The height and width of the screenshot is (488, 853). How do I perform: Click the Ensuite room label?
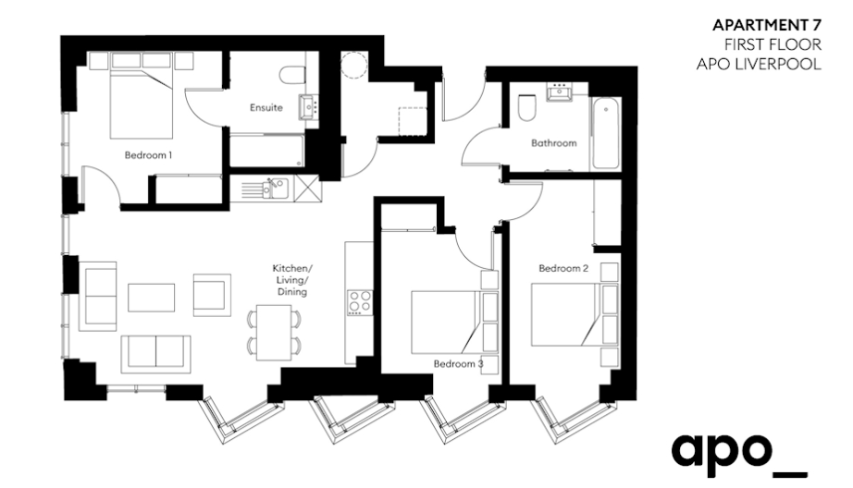tap(266, 107)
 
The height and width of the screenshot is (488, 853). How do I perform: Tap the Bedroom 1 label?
tap(149, 155)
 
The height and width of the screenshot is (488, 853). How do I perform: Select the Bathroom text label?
tap(554, 143)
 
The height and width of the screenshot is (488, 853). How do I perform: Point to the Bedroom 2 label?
tap(563, 268)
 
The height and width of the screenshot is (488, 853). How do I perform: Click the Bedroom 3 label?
tap(458, 363)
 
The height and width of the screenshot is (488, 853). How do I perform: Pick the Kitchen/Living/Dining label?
tap(292, 280)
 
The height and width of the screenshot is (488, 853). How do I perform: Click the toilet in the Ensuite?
tap(295, 75)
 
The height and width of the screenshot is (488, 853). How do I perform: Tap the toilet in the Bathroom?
tap(526, 107)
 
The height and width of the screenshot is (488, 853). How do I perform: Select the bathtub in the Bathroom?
tap(605, 133)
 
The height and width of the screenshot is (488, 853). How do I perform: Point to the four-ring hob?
tap(360, 303)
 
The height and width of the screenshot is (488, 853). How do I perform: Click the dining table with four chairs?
tap(274, 332)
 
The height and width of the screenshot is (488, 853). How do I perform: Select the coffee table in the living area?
tap(151, 298)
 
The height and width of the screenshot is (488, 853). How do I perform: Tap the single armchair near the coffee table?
tap(212, 295)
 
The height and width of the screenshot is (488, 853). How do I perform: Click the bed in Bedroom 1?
tap(142, 95)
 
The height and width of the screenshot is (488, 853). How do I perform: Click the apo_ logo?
tap(739, 456)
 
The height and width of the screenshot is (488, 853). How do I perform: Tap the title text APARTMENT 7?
tap(767, 26)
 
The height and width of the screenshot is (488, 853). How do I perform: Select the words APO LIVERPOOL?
tap(759, 64)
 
